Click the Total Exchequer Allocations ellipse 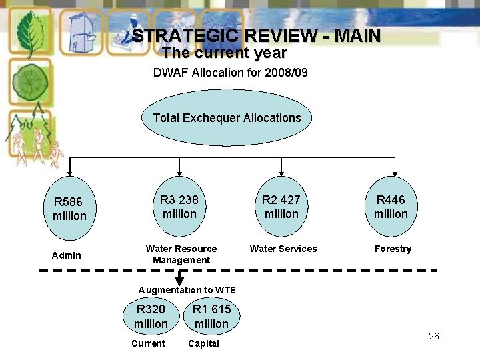point(227,118)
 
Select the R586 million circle point(70,208)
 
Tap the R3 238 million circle point(179,207)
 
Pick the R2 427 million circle point(281,207)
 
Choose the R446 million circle point(391,207)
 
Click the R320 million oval point(151,317)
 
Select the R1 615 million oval point(211,317)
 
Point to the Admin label point(67,255)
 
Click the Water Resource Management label point(181,254)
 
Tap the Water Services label point(283,249)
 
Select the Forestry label point(393,249)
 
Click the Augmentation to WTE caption point(187,290)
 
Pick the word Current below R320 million point(148,343)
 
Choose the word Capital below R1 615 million point(203,343)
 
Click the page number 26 point(434,336)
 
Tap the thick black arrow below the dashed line point(179,278)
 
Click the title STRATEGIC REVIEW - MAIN point(256,36)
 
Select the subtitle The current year point(224,53)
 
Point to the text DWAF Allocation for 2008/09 point(231,72)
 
